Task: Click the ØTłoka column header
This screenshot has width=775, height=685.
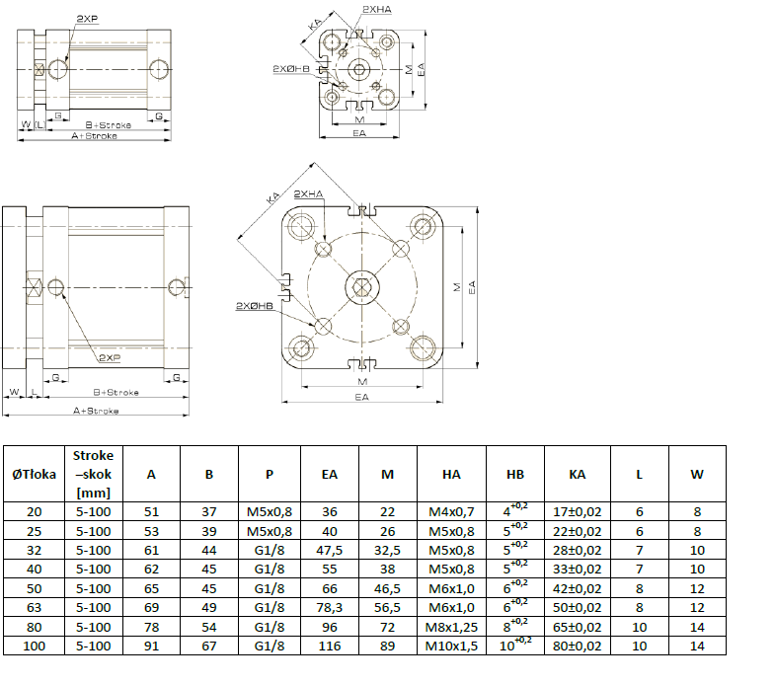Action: (34, 475)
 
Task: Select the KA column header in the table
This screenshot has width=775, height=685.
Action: (578, 475)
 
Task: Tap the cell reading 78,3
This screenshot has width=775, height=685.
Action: (330, 607)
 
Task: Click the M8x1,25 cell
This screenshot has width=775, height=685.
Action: (452, 626)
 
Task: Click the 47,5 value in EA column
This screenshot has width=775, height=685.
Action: (330, 551)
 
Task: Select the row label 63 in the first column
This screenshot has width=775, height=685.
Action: (34, 607)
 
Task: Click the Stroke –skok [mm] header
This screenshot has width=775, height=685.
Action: (94, 475)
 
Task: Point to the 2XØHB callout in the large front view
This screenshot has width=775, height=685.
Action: (254, 306)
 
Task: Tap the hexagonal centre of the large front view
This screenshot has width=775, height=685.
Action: (361, 288)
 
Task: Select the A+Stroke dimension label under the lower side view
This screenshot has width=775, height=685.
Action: (97, 410)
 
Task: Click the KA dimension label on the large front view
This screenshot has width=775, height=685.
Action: (272, 198)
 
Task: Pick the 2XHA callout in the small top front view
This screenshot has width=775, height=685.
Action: (376, 9)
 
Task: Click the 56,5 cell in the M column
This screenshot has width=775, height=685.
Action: (388, 607)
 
